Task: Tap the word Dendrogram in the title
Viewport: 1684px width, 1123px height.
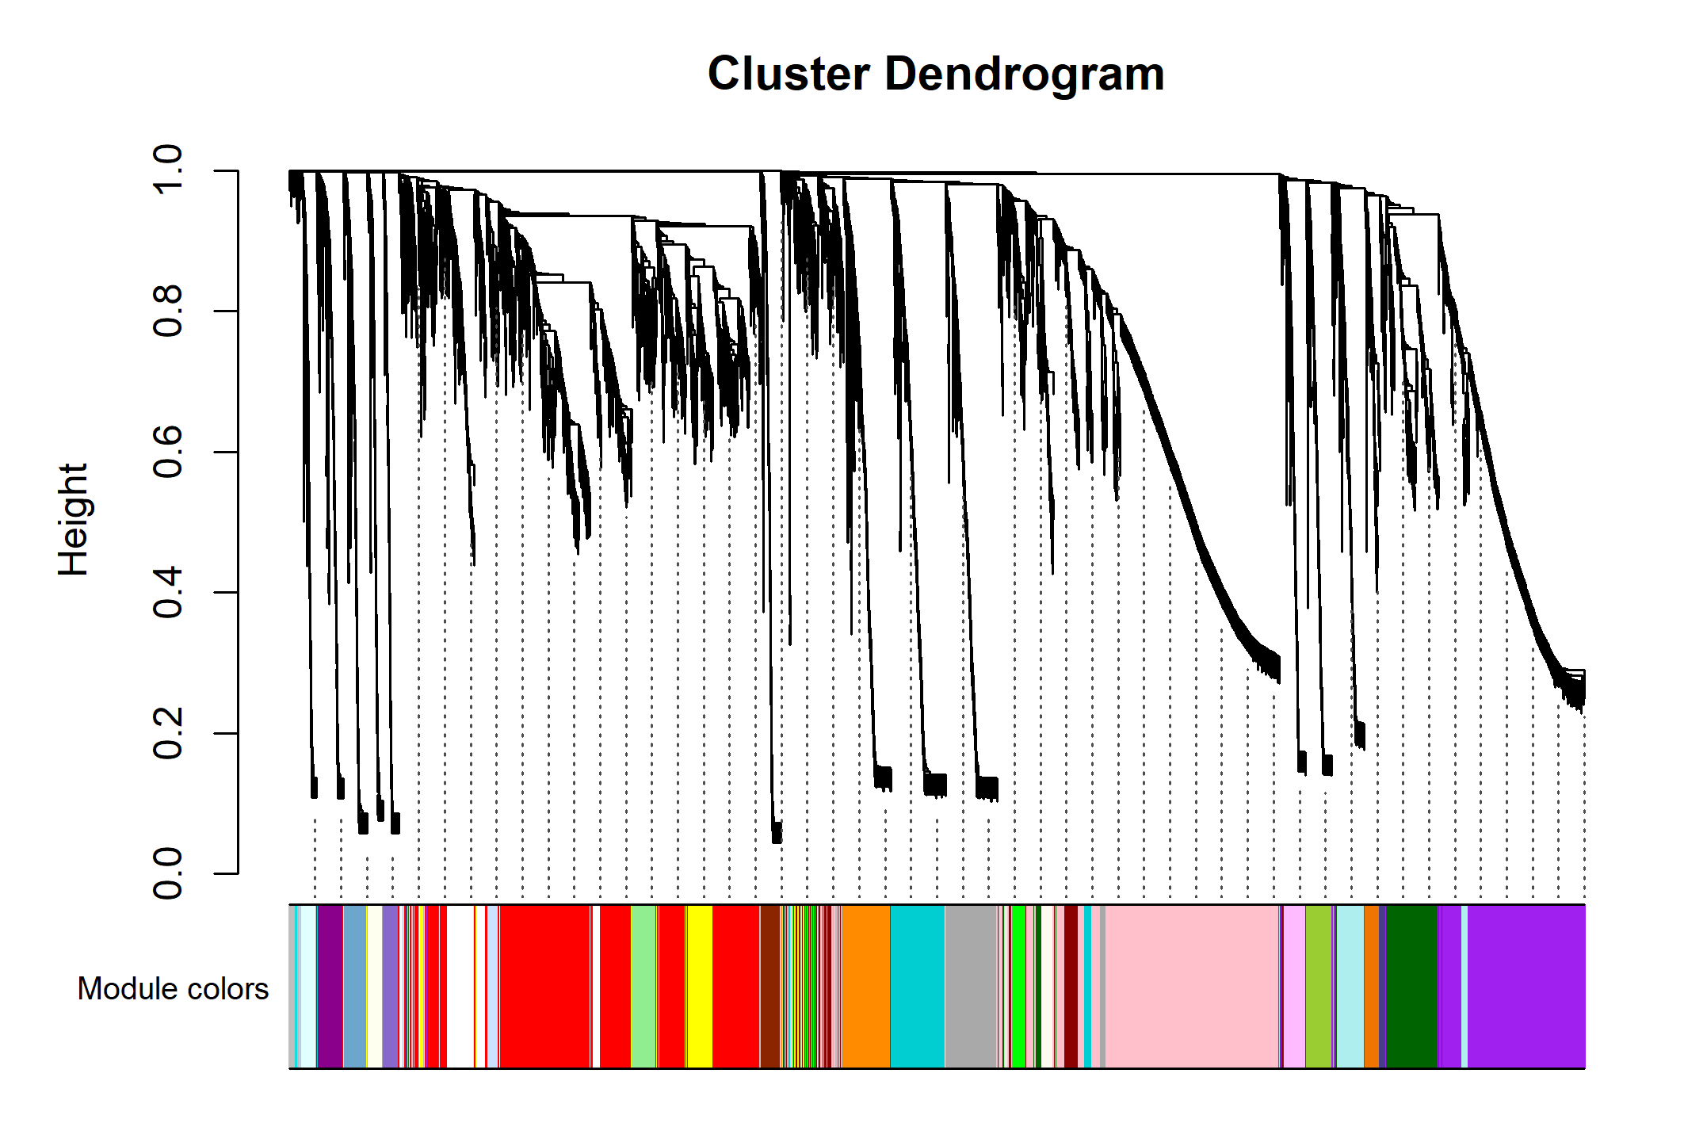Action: tap(1024, 74)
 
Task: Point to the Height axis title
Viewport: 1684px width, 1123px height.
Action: tap(73, 519)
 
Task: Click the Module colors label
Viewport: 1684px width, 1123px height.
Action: tap(173, 989)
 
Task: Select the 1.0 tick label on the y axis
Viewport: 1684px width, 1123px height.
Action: tap(168, 170)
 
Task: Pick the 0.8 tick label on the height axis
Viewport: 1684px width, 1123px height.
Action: tap(168, 311)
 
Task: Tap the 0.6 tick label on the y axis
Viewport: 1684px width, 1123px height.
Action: tap(168, 452)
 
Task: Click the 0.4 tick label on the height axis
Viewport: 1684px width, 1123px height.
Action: tap(168, 593)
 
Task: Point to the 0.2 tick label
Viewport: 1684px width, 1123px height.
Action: tap(168, 733)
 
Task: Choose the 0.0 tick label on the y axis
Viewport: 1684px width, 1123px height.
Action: tap(168, 873)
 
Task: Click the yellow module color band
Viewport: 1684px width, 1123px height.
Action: tap(699, 987)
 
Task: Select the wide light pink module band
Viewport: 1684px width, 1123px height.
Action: tap(1191, 987)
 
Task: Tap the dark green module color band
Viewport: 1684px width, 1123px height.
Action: tap(1411, 987)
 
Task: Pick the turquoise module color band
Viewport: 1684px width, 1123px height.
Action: tap(917, 987)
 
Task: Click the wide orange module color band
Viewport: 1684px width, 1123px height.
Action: tap(865, 987)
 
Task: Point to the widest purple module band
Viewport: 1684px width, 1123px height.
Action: tap(1526, 987)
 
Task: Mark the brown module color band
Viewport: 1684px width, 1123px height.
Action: tap(769, 987)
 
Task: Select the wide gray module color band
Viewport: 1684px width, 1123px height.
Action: tap(970, 987)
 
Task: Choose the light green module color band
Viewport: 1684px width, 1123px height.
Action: tap(643, 987)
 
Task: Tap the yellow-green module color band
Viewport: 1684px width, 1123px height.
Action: tap(1318, 987)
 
